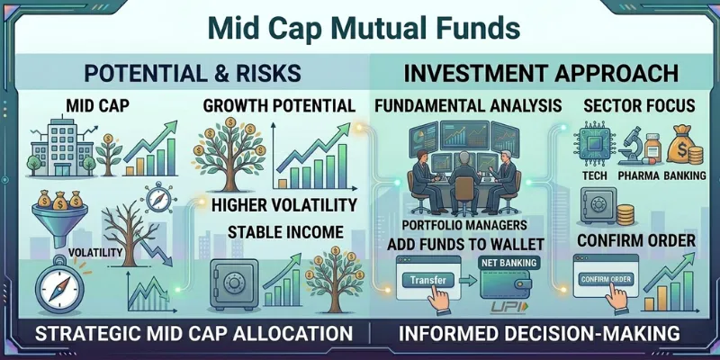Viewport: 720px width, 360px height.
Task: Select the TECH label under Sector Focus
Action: click(x=590, y=175)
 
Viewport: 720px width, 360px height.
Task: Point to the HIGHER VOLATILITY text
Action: click(x=284, y=204)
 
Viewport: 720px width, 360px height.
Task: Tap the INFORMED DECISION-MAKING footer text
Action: click(x=540, y=334)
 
